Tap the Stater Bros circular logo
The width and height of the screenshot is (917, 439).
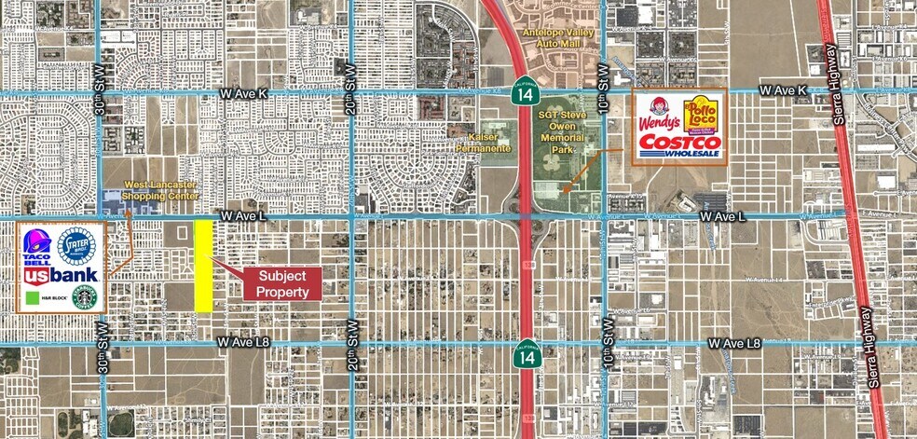[x=76, y=246]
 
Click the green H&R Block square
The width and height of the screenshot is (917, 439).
[x=33, y=298]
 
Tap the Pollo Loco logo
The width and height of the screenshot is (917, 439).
[x=700, y=116]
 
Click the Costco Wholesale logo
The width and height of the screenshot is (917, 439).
[x=679, y=146]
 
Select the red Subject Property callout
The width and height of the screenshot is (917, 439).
[x=282, y=283]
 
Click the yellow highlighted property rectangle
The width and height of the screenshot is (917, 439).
[x=203, y=265]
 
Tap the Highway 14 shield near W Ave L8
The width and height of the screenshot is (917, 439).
[x=526, y=352]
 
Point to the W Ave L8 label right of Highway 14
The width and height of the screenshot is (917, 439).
[x=733, y=344]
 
